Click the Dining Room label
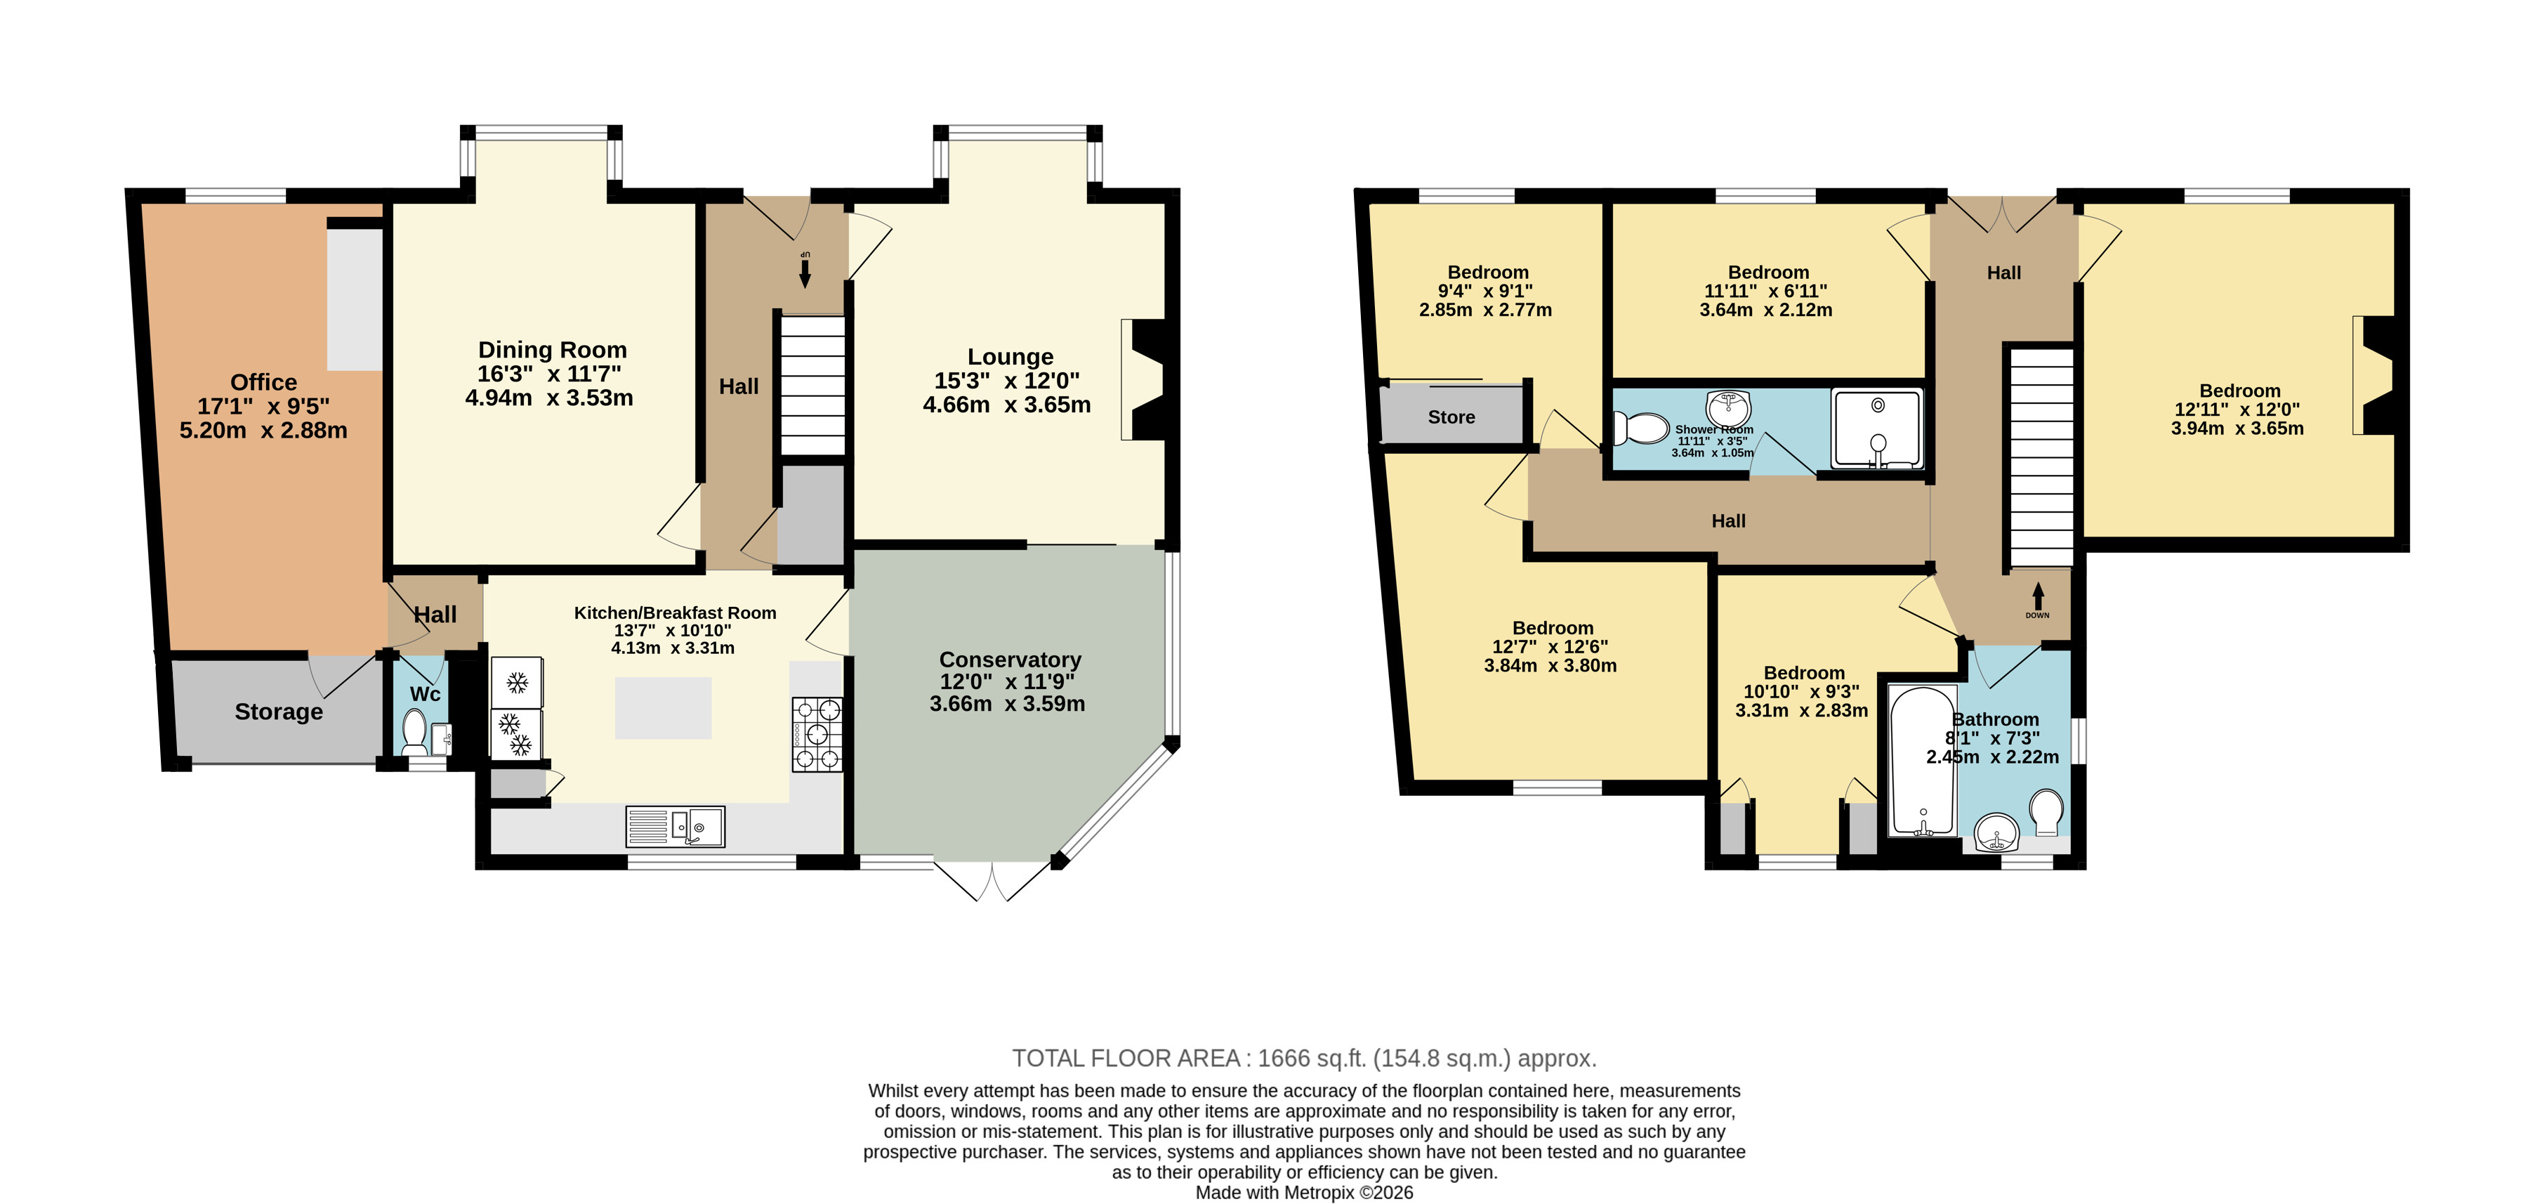[552, 350]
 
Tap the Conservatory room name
[1010, 660]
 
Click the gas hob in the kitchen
[817, 734]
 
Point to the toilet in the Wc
[414, 733]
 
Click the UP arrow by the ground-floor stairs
[805, 269]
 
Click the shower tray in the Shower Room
[1876, 429]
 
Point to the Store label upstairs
[1451, 417]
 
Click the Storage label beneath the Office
[279, 712]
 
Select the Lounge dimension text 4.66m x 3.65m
[1007, 405]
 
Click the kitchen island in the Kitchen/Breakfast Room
[664, 708]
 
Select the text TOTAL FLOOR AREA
[1126, 1059]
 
